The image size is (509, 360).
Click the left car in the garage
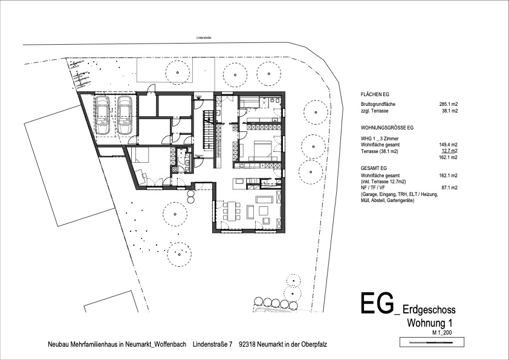pyautogui.click(x=103, y=115)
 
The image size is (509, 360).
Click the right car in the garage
pyautogui.click(x=125, y=115)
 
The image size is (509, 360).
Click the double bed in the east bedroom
pyautogui.click(x=261, y=148)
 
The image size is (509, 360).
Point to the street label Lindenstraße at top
pyautogui.click(x=204, y=38)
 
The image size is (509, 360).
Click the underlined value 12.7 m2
pyautogui.click(x=448, y=151)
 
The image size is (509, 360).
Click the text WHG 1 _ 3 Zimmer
pyautogui.click(x=378, y=139)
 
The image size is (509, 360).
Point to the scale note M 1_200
pyautogui.click(x=442, y=333)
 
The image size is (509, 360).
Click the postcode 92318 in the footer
pyautogui.click(x=249, y=344)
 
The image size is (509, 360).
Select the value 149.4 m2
pyautogui.click(x=448, y=145)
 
